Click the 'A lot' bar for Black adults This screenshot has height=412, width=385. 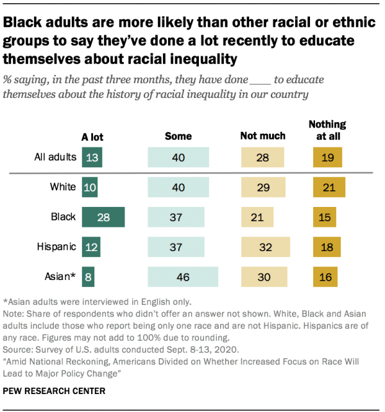[x=103, y=217]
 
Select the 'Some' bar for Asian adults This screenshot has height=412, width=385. [x=182, y=276]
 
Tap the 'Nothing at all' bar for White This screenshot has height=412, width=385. [x=329, y=187]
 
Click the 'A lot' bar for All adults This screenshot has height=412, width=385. [x=91, y=157]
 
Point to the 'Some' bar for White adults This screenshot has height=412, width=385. [x=178, y=187]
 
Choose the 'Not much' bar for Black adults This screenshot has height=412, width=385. [x=257, y=217]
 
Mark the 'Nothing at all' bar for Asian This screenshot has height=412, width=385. [x=325, y=276]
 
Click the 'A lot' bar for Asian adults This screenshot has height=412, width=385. [x=88, y=276]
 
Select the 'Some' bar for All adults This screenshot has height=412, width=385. [x=178, y=157]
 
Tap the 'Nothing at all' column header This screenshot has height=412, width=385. [x=327, y=130]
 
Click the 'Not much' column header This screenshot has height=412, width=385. [x=262, y=136]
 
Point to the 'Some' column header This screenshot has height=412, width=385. [x=178, y=136]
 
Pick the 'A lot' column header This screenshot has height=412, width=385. [x=92, y=136]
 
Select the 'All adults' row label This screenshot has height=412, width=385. [x=56, y=157]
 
